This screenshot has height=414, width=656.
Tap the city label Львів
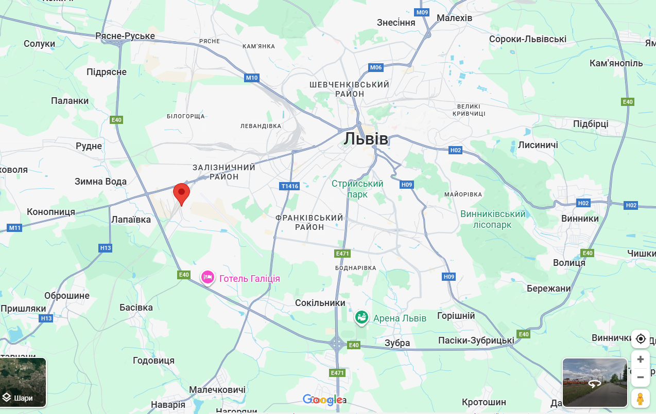tap(366, 139)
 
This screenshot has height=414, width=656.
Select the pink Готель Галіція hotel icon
tap(208, 278)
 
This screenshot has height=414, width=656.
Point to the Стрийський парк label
tap(357, 189)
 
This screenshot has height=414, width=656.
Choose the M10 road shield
tap(251, 78)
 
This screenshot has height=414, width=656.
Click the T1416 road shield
tap(290, 186)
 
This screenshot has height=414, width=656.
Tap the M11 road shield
tap(14, 227)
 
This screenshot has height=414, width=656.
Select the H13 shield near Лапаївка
tap(105, 248)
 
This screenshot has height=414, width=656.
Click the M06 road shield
tap(376, 67)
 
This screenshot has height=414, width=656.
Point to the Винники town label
tap(580, 219)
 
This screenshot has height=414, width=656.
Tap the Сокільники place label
tap(320, 303)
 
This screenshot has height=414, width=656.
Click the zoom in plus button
tap(641, 359)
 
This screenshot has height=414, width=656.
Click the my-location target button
tap(641, 339)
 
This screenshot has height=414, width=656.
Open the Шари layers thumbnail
tap(23, 382)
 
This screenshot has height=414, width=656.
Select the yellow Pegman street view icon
tap(641, 399)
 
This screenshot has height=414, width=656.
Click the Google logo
tap(323, 400)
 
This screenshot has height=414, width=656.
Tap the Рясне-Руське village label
tap(125, 36)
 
